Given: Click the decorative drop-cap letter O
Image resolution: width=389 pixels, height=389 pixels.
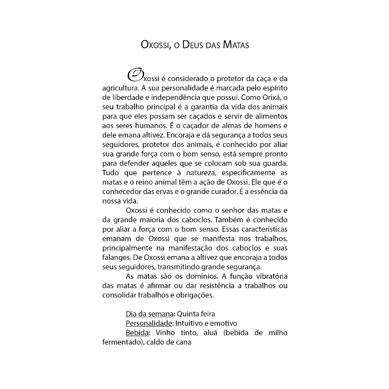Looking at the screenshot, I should point(135,75).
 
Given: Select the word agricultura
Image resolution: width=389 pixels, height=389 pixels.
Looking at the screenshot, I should point(121,89).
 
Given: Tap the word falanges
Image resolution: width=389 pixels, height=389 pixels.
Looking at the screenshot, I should point(115,258).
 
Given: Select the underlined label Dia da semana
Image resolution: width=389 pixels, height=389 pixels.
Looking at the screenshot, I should point(150,314).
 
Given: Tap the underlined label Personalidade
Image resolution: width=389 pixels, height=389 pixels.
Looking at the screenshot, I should point(149,324).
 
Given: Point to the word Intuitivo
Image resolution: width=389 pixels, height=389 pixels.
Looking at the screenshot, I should point(190,324).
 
